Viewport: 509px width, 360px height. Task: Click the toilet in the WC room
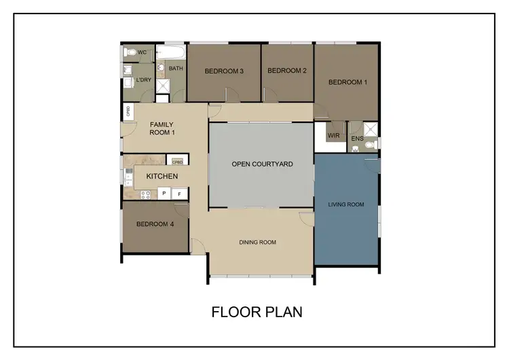(131, 52)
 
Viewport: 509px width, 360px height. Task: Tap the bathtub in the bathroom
(171, 53)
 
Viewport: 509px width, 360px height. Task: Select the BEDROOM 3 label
(224, 71)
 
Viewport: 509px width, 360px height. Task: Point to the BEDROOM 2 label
(287, 71)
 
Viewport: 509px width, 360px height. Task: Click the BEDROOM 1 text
(347, 82)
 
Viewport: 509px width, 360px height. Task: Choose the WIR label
(333, 136)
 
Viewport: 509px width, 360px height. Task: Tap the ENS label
(357, 139)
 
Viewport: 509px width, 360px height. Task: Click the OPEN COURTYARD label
(262, 164)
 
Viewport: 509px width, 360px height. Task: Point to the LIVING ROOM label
(346, 204)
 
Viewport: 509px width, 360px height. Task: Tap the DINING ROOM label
(257, 242)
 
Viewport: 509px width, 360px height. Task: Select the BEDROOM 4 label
(154, 225)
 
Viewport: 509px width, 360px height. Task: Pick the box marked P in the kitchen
(164, 194)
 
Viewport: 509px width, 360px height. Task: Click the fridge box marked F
(180, 194)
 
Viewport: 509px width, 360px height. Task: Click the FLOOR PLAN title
(257, 312)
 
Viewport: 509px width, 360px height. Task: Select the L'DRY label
(143, 81)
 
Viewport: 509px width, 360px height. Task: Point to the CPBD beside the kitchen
(177, 162)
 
